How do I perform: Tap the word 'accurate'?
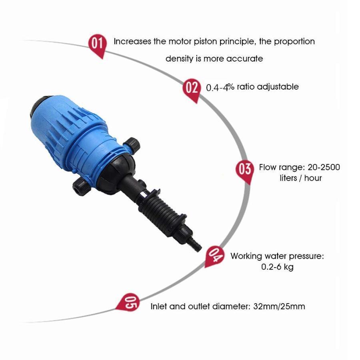244,59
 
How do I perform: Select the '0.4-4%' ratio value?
220,87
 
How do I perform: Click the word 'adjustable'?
278,87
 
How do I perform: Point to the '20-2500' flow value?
324,167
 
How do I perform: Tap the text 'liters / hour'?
300,178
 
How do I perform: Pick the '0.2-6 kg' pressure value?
277,267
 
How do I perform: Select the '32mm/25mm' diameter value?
279,306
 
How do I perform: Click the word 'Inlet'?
158,306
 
